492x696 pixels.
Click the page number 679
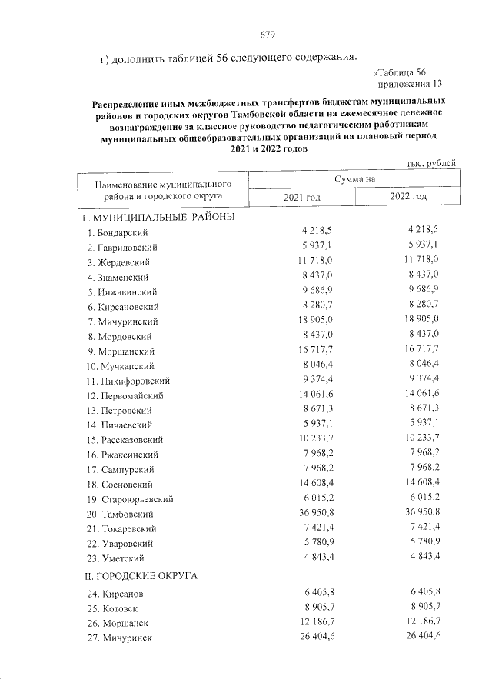click(x=268, y=35)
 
